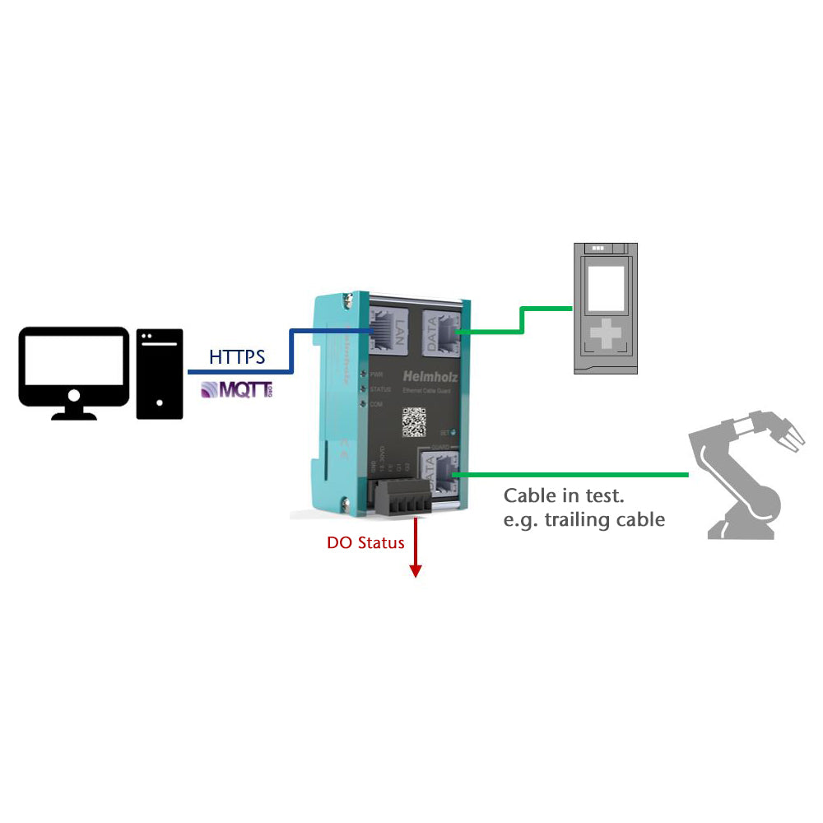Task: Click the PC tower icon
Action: click(x=159, y=374)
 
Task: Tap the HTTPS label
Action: click(x=237, y=357)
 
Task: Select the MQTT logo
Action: click(x=236, y=389)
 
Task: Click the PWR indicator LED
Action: click(x=361, y=374)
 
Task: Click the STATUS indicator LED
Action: click(x=361, y=388)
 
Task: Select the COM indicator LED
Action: click(x=361, y=402)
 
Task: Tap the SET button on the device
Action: click(x=452, y=430)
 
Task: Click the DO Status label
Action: click(x=365, y=542)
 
